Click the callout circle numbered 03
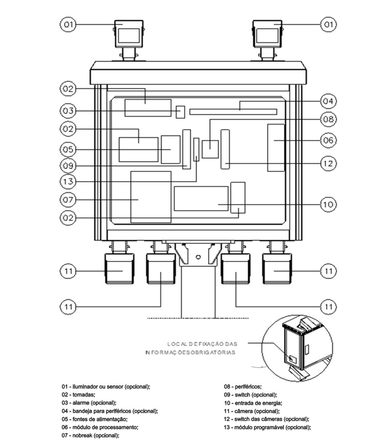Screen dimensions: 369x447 click(68, 111)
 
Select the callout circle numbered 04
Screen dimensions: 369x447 click(328, 101)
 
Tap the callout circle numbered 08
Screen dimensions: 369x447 click(328, 119)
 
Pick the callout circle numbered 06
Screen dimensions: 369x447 click(328, 140)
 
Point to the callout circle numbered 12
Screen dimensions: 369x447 click(328, 163)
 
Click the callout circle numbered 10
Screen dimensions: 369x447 click(328, 204)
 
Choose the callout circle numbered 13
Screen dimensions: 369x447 click(68, 182)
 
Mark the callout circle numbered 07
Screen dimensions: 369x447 click(68, 200)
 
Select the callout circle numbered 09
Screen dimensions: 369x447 click(68, 166)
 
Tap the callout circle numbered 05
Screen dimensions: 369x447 click(68, 150)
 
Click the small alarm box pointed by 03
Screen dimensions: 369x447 click(180, 112)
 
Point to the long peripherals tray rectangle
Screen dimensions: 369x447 click(233, 112)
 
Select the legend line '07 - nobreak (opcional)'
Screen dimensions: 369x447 click(91, 435)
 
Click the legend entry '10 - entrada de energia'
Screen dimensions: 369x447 click(253, 403)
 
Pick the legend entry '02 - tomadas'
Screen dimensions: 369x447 click(78, 395)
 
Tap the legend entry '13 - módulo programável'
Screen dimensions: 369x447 click(267, 427)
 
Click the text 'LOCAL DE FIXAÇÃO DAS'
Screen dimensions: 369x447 click(202, 344)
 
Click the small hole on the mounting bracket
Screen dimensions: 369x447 click(198, 257)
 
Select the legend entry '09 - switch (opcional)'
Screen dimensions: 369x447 click(250, 395)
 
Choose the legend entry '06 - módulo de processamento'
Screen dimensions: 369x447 click(100, 427)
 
